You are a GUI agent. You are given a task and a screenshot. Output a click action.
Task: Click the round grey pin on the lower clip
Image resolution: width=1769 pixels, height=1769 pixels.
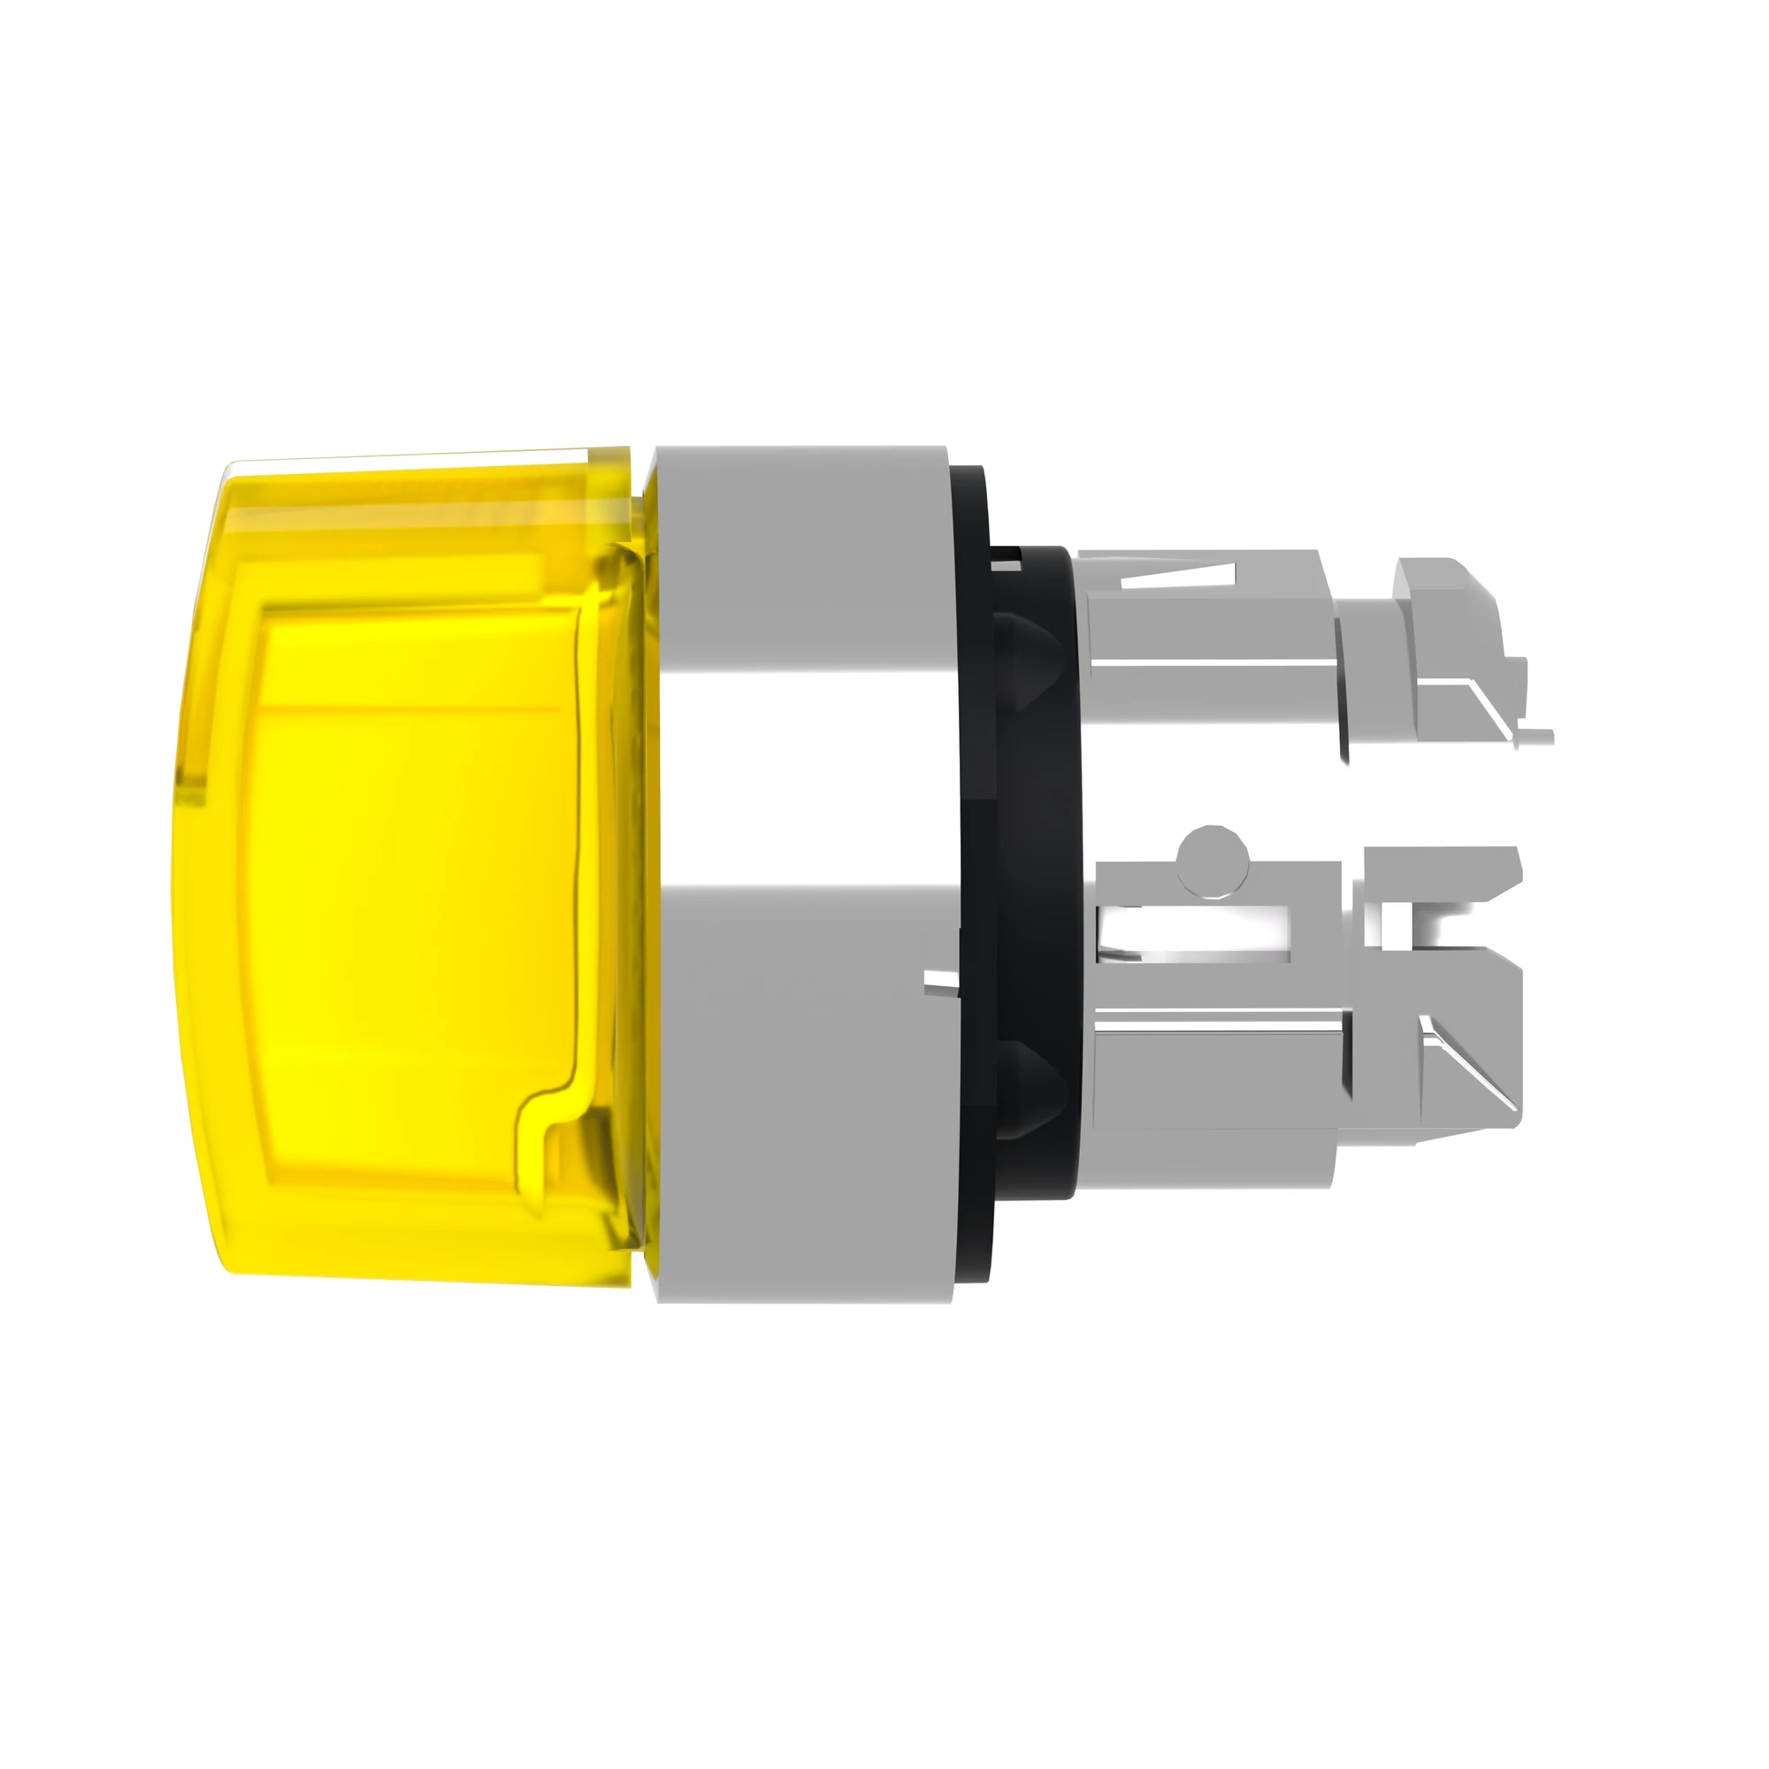coord(1214,859)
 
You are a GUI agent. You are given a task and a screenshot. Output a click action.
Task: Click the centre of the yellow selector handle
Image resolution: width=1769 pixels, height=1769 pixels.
coord(412,852)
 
